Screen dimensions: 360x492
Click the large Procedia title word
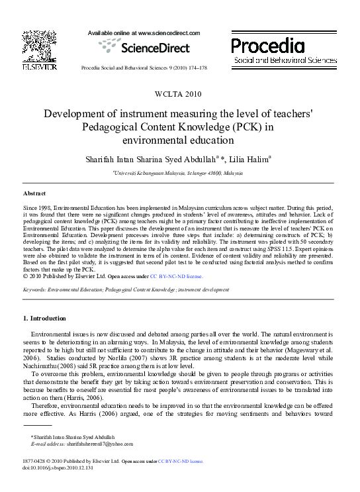268,44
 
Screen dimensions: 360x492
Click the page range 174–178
196,68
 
